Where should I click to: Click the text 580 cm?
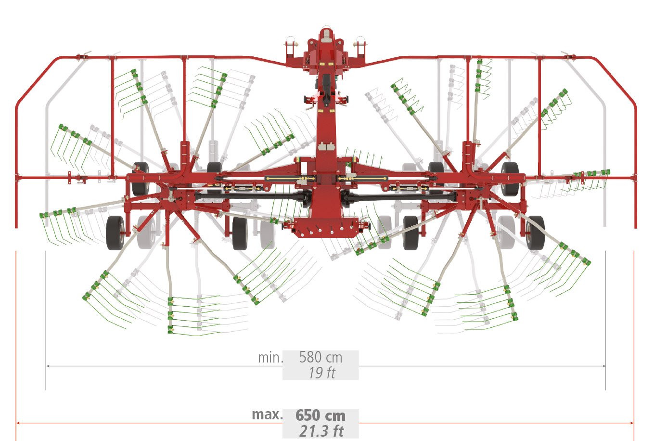pyautogui.click(x=321, y=357)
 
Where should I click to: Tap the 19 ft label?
pyautogui.click(x=321, y=373)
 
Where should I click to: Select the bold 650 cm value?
pyautogui.click(x=321, y=415)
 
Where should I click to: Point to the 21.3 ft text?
pyautogui.click(x=321, y=431)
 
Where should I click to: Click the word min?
pyautogui.click(x=270, y=358)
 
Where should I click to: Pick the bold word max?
pyautogui.click(x=267, y=415)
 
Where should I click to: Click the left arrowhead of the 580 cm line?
pyautogui.click(x=48, y=366)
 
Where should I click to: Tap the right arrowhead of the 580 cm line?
pyautogui.click(x=603, y=366)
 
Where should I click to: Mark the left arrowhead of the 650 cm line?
pyautogui.click(x=18, y=423)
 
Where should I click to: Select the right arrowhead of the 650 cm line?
pyautogui.click(x=631, y=423)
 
